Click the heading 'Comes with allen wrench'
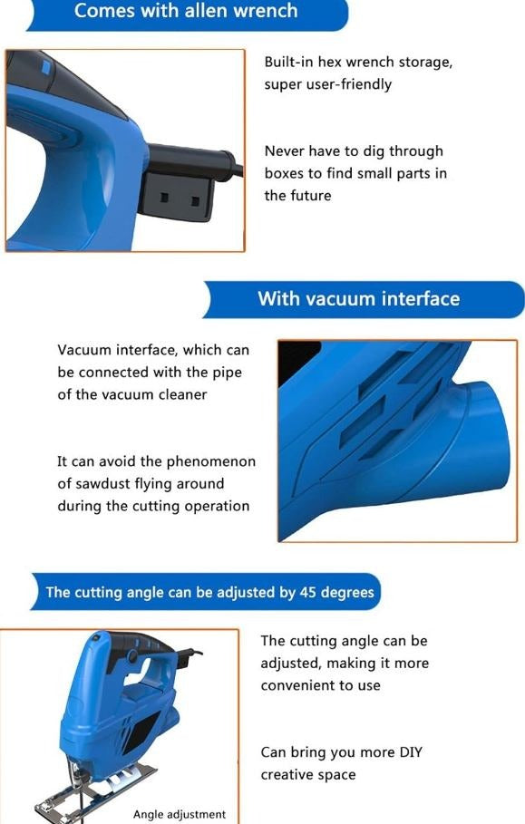(x=186, y=11)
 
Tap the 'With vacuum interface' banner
(x=359, y=299)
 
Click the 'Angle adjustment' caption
(x=180, y=815)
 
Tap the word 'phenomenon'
(x=211, y=462)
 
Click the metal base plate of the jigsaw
(x=94, y=792)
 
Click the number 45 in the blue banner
(x=307, y=592)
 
